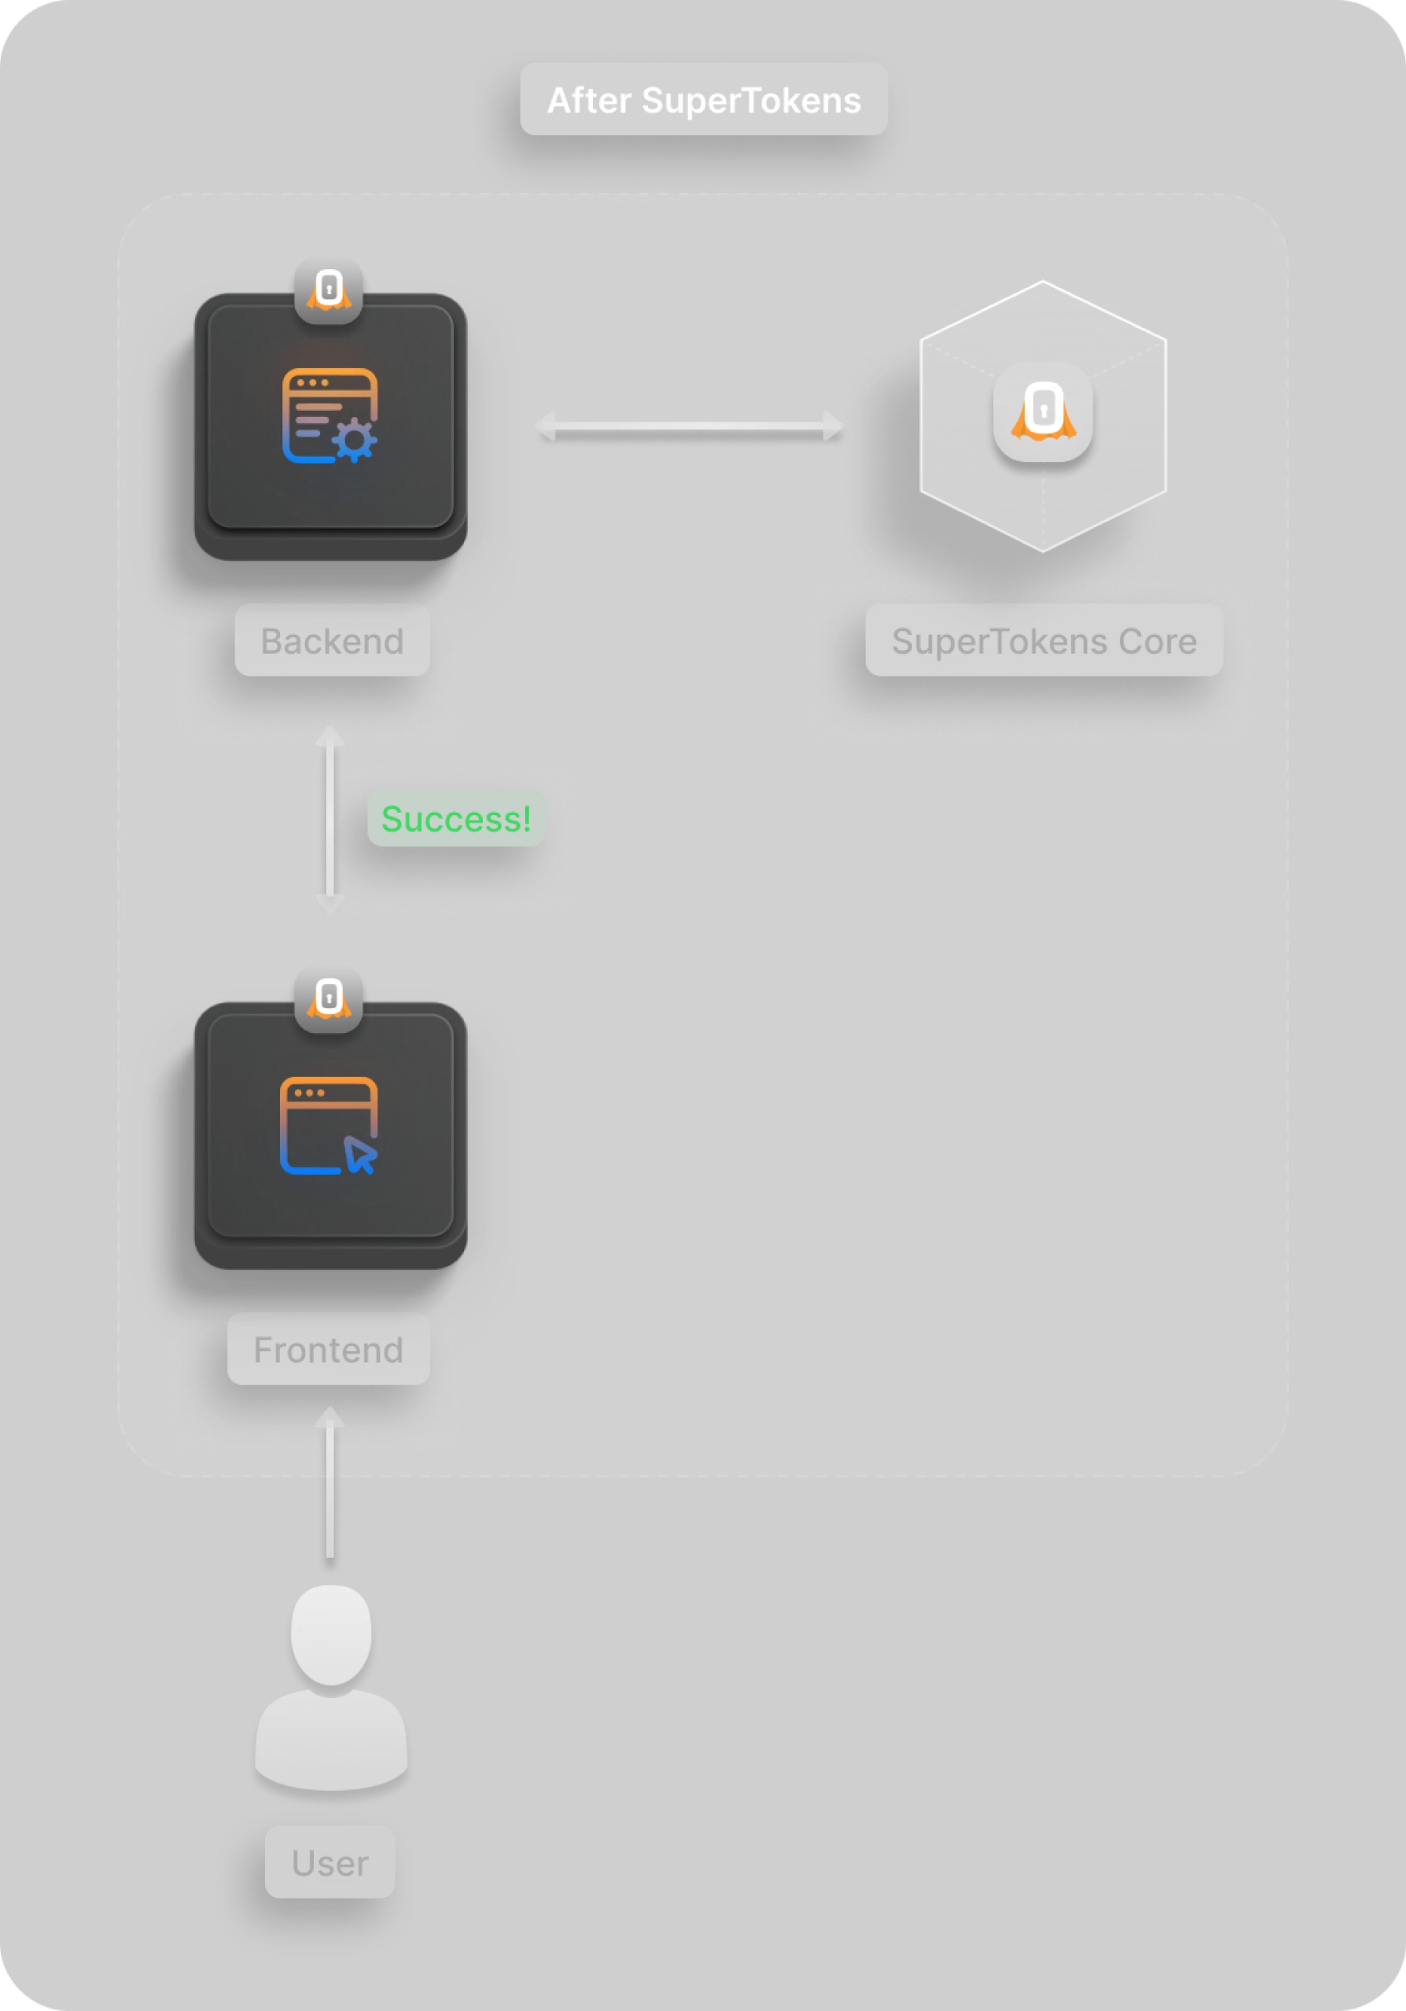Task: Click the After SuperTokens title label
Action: pos(703,100)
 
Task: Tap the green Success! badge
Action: pos(456,819)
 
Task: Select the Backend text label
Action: pos(332,641)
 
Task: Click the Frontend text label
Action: pos(328,1350)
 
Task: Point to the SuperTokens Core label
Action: pos(1043,641)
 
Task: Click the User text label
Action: pos(329,1863)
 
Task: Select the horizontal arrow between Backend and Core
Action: pos(689,426)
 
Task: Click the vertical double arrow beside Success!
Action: pos(330,820)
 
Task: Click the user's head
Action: pos(331,1634)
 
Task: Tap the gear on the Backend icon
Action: pos(355,441)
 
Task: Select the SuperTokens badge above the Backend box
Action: pos(329,290)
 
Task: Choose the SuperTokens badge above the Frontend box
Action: pos(329,998)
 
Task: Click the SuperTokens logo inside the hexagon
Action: pos(1043,411)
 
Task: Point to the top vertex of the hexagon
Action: pos(1043,282)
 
